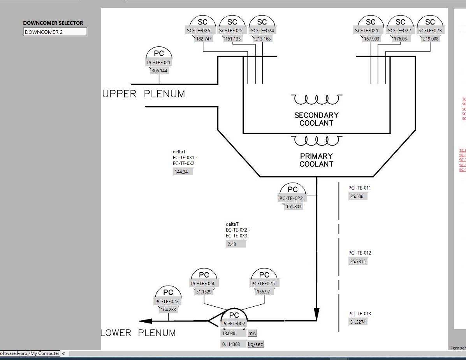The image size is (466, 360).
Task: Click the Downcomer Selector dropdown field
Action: pos(55,32)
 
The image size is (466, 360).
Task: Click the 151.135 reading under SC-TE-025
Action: pos(233,39)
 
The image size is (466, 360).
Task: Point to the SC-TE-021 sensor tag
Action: pos(366,31)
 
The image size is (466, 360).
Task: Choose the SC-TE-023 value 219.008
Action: pos(430,39)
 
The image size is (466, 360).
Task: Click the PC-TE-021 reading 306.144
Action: pos(160,71)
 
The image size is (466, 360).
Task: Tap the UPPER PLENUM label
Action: pos(144,94)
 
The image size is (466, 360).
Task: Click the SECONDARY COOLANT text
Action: pos(317,119)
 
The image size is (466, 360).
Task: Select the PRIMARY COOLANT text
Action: pos(317,160)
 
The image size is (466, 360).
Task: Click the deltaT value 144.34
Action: pos(182,172)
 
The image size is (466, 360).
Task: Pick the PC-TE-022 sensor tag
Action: pos(291,198)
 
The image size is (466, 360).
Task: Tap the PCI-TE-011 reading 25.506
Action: pos(357,197)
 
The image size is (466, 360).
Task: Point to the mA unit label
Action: pos(252,334)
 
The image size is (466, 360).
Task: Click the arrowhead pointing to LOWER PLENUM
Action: pos(146,321)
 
